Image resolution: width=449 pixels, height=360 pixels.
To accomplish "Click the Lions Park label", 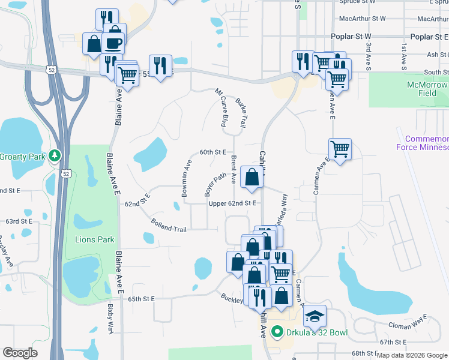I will pos(95,239).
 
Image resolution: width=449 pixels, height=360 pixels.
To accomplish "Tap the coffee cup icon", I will pos(113,43).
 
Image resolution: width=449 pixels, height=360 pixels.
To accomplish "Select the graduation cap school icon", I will pos(315,316).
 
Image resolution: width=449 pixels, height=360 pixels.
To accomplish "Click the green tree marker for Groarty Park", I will pos(55,156).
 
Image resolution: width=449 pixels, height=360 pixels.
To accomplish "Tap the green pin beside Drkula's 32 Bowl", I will pos(277,331).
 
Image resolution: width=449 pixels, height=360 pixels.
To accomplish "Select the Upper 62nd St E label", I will pos(233,203).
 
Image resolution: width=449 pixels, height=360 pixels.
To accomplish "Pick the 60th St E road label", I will pos(212,152).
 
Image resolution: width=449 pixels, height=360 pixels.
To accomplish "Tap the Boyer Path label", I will pos(215,185).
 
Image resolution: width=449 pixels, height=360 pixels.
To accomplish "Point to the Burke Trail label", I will pos(241,112).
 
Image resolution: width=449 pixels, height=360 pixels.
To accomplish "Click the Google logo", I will pos(20,353).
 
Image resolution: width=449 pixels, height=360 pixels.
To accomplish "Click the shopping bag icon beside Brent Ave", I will pos(252,177).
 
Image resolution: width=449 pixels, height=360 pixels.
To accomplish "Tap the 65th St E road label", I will pos(142,299).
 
